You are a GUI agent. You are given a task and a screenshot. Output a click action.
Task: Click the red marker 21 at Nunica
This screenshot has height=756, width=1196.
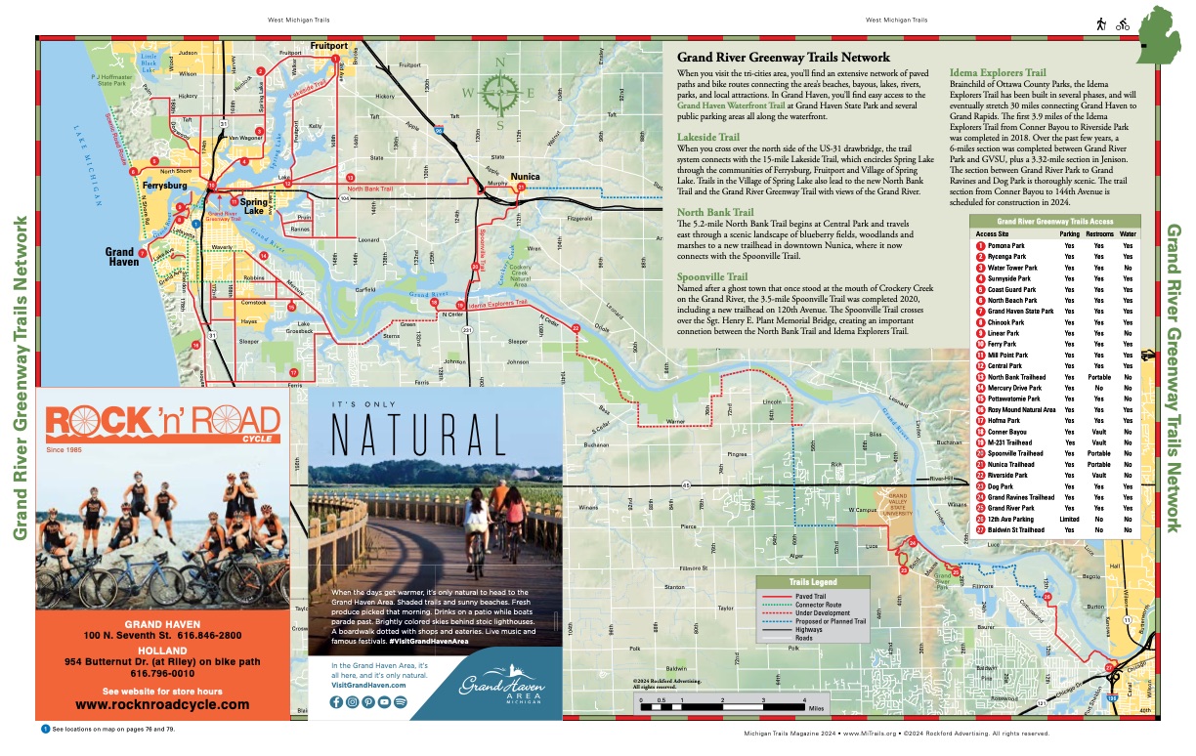pos(522,186)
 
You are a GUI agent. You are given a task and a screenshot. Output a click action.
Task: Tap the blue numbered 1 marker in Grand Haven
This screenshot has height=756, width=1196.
pos(195,224)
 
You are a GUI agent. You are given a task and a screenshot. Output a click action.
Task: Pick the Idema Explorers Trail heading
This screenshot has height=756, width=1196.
pos(998,72)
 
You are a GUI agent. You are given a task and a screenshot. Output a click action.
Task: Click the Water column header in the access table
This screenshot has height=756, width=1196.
pos(1129,234)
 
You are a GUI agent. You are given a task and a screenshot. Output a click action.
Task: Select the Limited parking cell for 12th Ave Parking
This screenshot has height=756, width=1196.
pos(1070,519)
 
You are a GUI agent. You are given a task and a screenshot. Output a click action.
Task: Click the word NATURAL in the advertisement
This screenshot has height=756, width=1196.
pos(421,434)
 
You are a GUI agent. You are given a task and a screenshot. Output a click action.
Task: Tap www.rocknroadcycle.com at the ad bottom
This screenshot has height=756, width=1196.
pos(162,703)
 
